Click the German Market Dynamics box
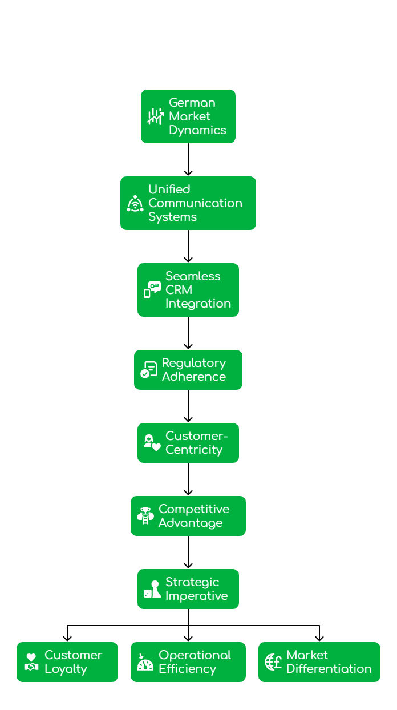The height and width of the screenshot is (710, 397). click(x=188, y=116)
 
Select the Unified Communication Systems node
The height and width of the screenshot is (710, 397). click(x=188, y=203)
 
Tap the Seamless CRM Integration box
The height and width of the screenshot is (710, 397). click(x=188, y=290)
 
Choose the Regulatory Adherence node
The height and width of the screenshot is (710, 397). click(x=188, y=370)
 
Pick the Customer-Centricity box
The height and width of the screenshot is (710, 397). click(x=188, y=443)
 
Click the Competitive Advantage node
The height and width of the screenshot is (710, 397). click(x=188, y=516)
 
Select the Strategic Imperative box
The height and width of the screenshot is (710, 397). click(x=188, y=589)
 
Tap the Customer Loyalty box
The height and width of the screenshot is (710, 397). click(x=67, y=662)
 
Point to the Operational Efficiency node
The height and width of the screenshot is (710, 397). click(x=188, y=662)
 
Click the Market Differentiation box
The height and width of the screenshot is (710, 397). click(x=319, y=662)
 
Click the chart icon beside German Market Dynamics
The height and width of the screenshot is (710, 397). click(x=155, y=116)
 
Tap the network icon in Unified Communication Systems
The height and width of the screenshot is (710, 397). click(x=135, y=203)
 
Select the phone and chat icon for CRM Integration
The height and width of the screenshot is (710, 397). click(x=152, y=290)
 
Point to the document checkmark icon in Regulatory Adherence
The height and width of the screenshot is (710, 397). click(x=149, y=370)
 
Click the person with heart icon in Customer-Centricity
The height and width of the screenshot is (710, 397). click(x=152, y=443)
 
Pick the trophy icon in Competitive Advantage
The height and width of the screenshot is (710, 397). click(x=145, y=516)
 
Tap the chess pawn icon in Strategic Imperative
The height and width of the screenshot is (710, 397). click(x=152, y=589)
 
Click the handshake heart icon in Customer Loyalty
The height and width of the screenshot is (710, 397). click(x=31, y=662)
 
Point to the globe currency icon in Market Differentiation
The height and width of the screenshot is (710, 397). click(x=273, y=662)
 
